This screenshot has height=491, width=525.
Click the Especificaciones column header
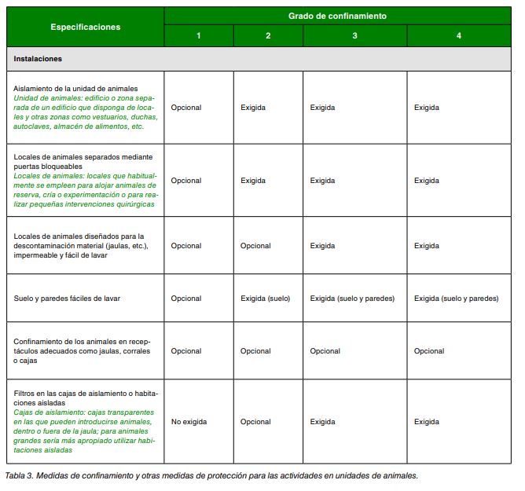tap(85, 27)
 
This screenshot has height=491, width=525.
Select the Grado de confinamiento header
tap(336, 16)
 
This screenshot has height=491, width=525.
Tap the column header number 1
tap(199, 36)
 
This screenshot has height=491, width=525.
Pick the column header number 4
tap(458, 36)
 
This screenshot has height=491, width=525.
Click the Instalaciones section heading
tap(38, 59)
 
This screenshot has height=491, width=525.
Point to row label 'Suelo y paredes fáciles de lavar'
tap(67, 299)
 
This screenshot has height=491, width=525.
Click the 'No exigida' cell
tap(189, 422)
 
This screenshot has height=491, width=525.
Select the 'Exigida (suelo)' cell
tap(265, 299)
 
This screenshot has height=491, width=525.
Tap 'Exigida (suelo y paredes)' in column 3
tap(352, 299)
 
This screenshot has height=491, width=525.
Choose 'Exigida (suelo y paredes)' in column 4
tap(456, 299)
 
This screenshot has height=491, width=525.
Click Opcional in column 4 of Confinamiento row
tap(429, 351)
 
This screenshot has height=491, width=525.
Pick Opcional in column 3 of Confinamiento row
tap(325, 351)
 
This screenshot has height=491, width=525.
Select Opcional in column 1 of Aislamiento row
tap(186, 108)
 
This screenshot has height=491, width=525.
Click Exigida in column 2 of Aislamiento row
tap(253, 108)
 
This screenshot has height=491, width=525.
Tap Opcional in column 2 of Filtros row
tap(255, 422)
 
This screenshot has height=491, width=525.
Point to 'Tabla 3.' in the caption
tap(20, 476)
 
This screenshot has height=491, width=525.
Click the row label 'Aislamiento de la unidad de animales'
tap(76, 88)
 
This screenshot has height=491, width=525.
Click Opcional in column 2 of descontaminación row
tap(255, 246)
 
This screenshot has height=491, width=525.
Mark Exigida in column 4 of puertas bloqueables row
tap(427, 181)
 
